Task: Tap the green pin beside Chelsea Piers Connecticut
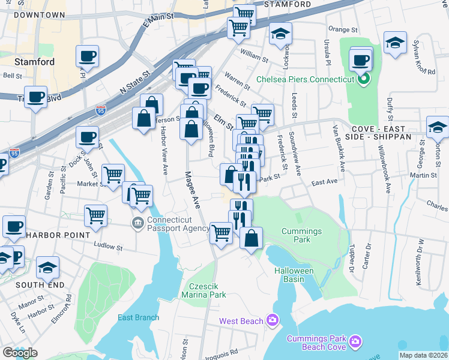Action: click(x=363, y=79)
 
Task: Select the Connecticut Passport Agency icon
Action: click(x=137, y=223)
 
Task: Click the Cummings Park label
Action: click(x=302, y=235)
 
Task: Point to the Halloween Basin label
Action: click(x=294, y=275)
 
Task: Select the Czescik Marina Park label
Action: click(x=206, y=290)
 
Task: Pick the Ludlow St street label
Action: click(x=110, y=246)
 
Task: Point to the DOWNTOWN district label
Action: click(x=40, y=15)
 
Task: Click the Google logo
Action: click(x=20, y=353)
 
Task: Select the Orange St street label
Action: click(x=343, y=28)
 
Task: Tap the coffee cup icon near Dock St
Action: click(x=88, y=136)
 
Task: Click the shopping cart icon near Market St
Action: click(x=113, y=175)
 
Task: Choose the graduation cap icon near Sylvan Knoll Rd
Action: click(x=395, y=43)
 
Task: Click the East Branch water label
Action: click(x=139, y=317)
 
